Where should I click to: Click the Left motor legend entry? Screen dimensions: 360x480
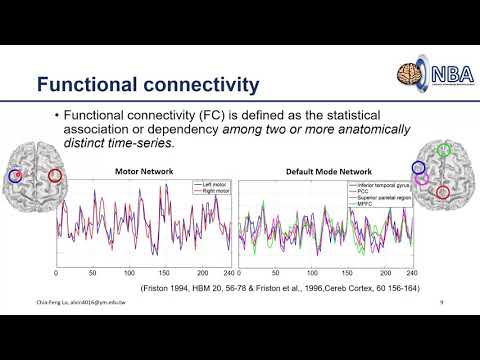click(211, 184)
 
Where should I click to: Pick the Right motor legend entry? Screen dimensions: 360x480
click(211, 191)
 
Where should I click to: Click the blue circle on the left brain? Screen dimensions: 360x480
click(15, 176)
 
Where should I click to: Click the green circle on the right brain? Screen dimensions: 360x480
click(443, 152)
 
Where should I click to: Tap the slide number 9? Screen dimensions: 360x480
click(441, 300)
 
